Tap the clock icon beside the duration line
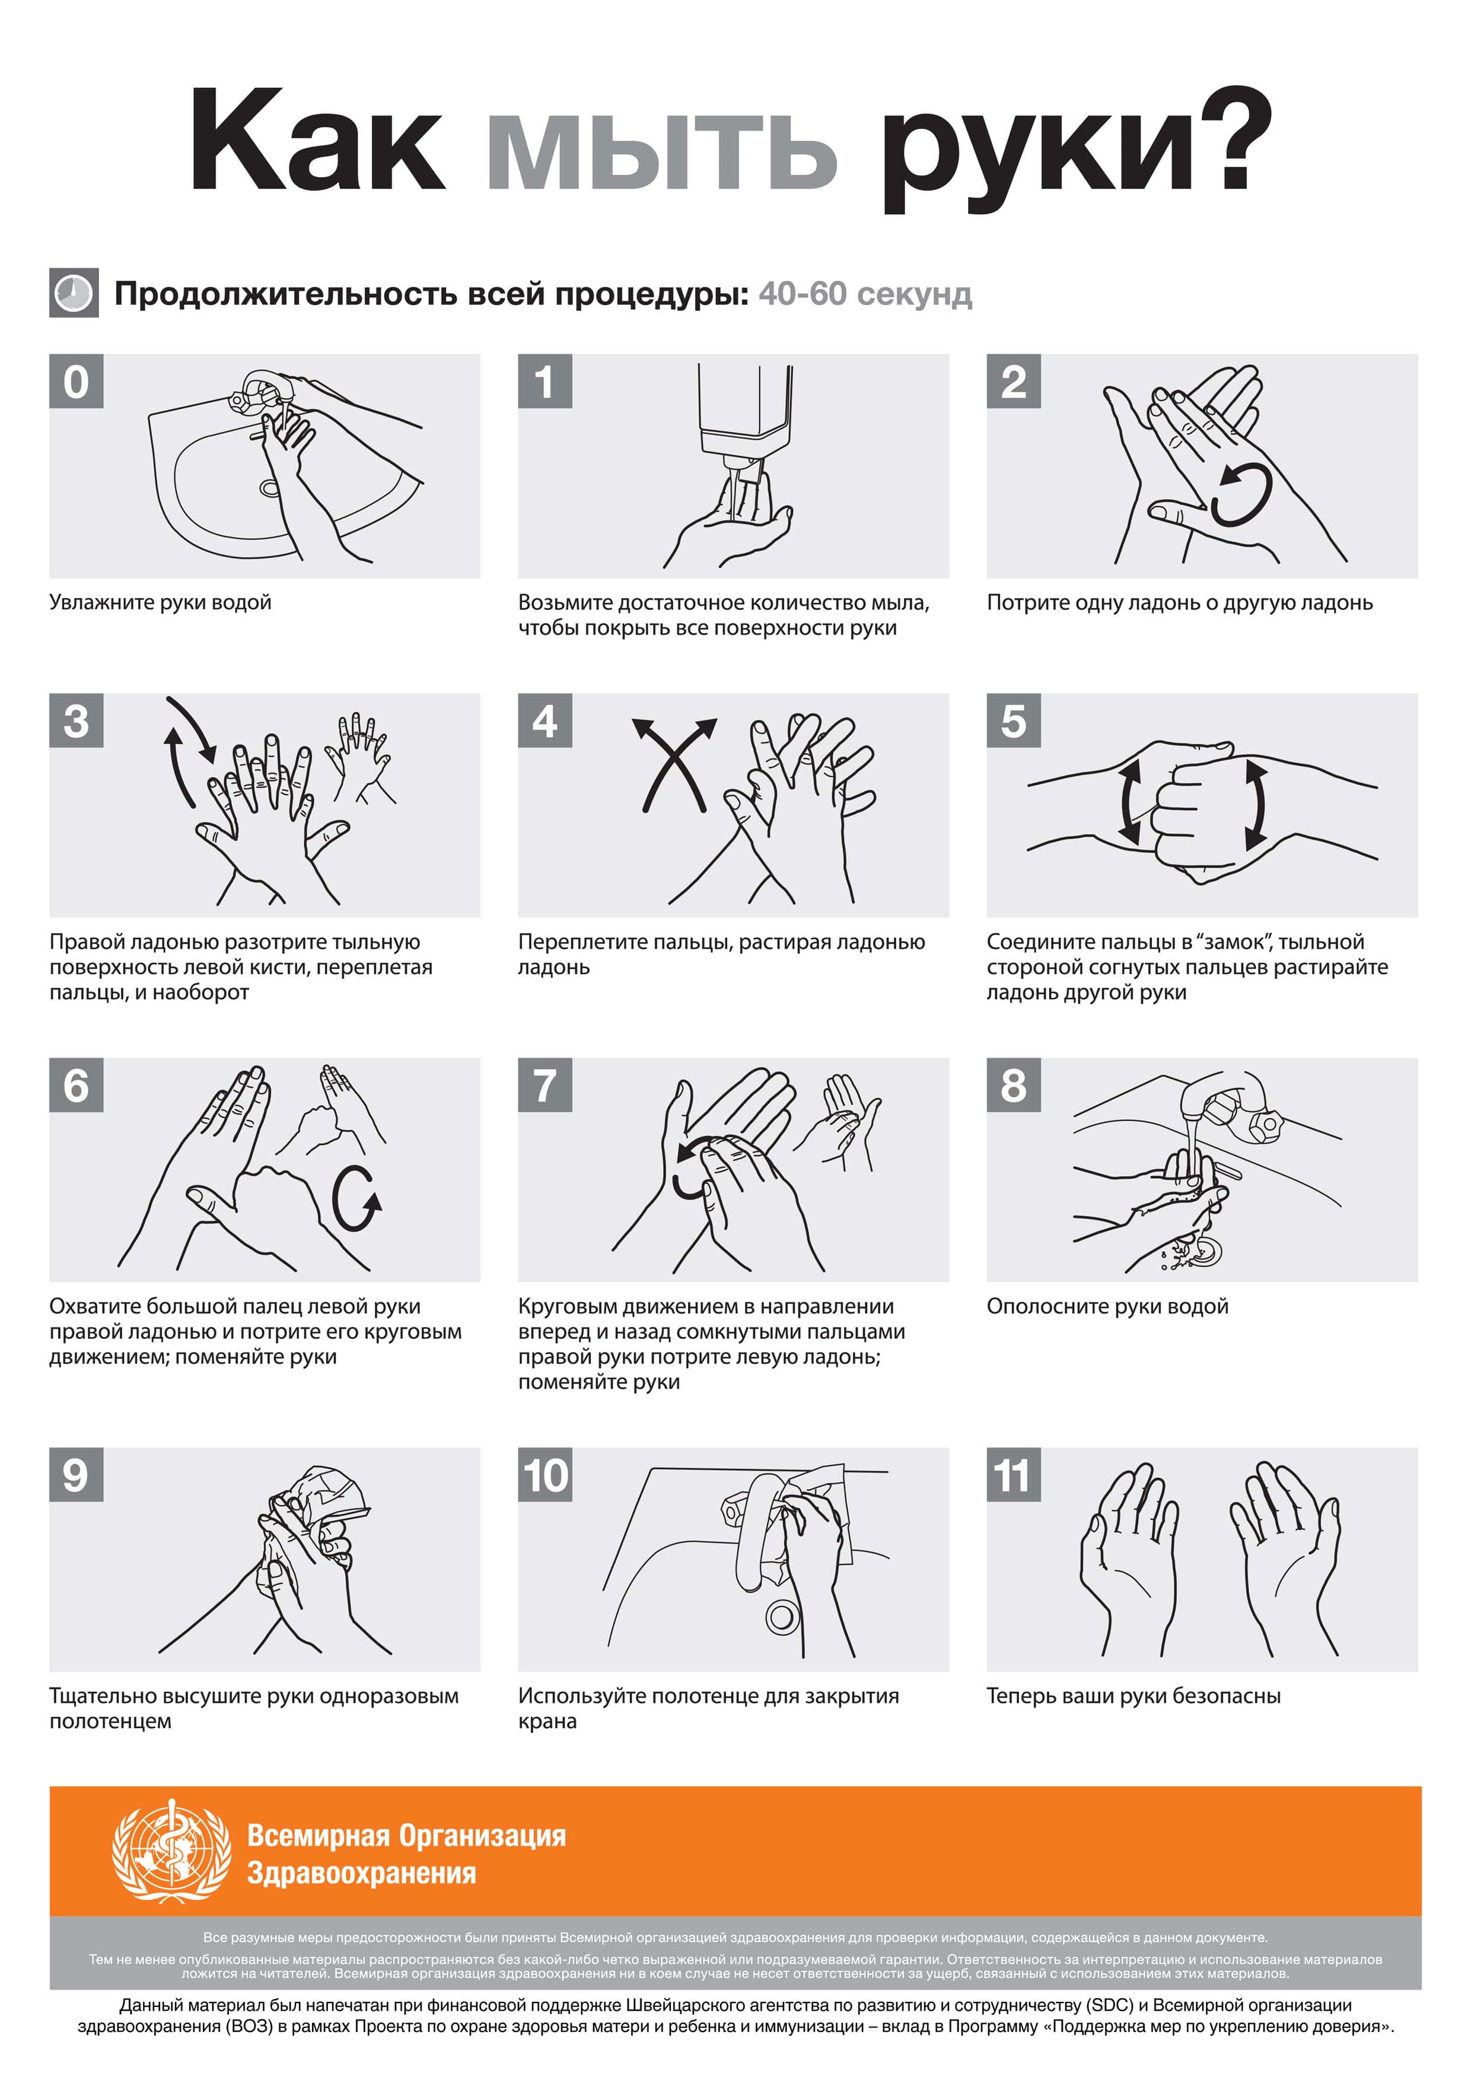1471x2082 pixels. point(74,293)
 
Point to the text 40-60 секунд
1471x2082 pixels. point(865,294)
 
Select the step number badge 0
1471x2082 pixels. point(76,381)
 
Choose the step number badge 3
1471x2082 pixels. point(76,721)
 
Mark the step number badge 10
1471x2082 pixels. point(545,1475)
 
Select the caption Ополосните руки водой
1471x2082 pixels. point(1107,1307)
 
